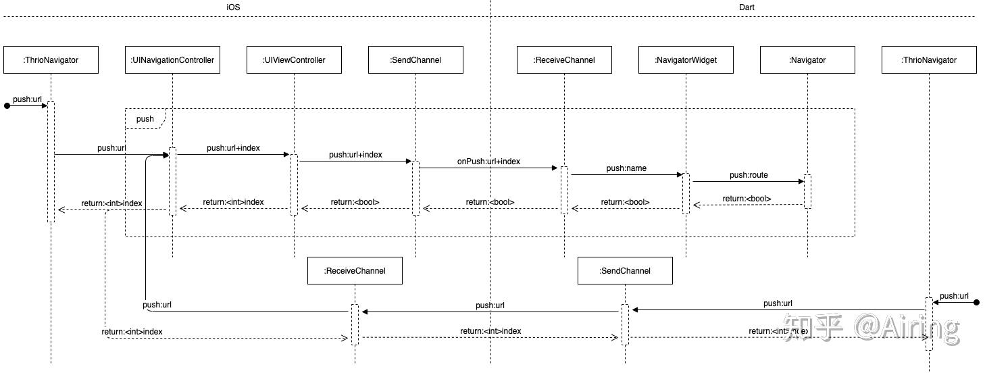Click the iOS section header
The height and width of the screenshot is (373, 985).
pyautogui.click(x=233, y=7)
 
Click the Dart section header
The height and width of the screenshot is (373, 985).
pyautogui.click(x=747, y=7)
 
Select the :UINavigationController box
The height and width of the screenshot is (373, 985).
pyautogui.click(x=172, y=59)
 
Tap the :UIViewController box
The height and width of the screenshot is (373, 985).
pyautogui.click(x=294, y=59)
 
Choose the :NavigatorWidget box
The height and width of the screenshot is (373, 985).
pyautogui.click(x=686, y=59)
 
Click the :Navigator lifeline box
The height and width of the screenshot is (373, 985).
pyautogui.click(x=807, y=59)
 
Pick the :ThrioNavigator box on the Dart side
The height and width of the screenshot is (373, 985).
pyautogui.click(x=929, y=59)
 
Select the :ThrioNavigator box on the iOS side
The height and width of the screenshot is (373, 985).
pyautogui.click(x=51, y=59)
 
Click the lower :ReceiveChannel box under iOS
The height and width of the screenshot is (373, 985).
pyautogui.click(x=355, y=270)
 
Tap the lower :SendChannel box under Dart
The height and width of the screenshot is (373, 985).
pyautogui.click(x=625, y=270)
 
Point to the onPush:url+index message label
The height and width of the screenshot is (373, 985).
pyautogui.click(x=488, y=161)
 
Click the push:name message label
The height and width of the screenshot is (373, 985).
pyautogui.click(x=626, y=168)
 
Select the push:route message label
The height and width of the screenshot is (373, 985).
pyautogui.click(x=749, y=175)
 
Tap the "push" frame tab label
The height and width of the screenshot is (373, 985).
pyautogui.click(x=145, y=119)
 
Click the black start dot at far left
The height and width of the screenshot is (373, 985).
pyautogui.click(x=7, y=105)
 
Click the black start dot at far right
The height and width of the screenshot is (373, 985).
pyautogui.click(x=976, y=302)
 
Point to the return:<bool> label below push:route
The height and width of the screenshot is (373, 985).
pyautogui.click(x=747, y=199)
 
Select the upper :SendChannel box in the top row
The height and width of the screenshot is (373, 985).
pyautogui.click(x=415, y=59)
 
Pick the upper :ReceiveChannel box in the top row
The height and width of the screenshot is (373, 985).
pyautogui.click(x=564, y=59)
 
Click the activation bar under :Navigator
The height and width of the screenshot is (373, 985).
pyautogui.click(x=807, y=191)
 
